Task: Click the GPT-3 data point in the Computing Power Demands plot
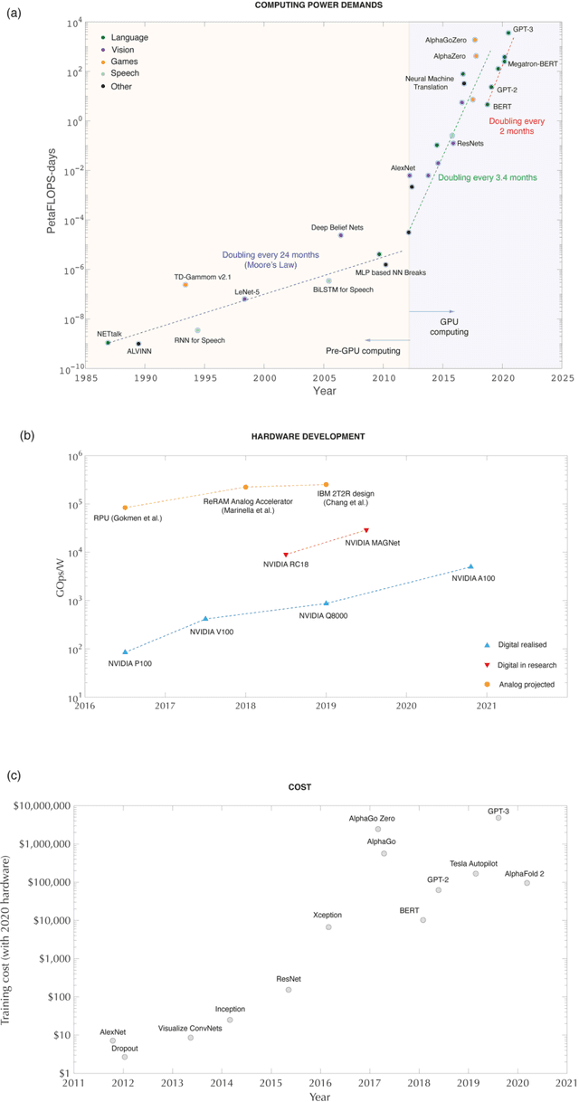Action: pyautogui.click(x=508, y=33)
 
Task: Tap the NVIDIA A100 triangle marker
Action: pyautogui.click(x=470, y=566)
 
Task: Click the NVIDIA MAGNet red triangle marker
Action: pyautogui.click(x=366, y=530)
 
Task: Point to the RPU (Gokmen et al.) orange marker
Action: pyautogui.click(x=125, y=508)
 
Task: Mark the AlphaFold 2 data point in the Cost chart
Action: pyautogui.click(x=527, y=883)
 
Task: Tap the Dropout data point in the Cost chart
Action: pyautogui.click(x=125, y=1057)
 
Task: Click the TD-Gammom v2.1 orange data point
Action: pyautogui.click(x=185, y=284)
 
